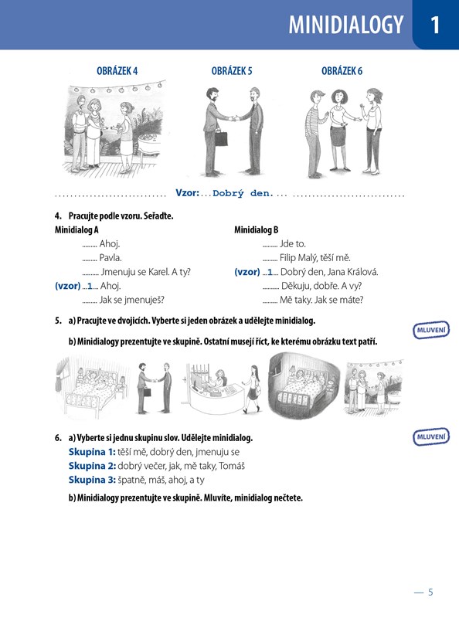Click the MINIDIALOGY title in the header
(x=346, y=25)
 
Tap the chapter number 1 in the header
(x=435, y=25)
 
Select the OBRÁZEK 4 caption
(x=117, y=71)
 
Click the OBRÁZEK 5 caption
(x=232, y=71)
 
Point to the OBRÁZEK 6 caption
(x=342, y=71)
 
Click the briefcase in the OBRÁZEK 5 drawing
(x=221, y=138)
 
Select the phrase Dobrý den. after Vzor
(x=243, y=194)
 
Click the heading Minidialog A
(x=76, y=229)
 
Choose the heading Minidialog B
(x=257, y=229)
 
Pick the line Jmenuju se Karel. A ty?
(x=145, y=272)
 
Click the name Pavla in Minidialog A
(x=110, y=258)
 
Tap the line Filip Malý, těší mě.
(x=315, y=258)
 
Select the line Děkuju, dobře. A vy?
(x=321, y=286)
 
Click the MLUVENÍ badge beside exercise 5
(x=431, y=330)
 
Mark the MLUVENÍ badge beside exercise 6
(x=431, y=436)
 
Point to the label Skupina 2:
(x=92, y=466)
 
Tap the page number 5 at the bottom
(x=430, y=592)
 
